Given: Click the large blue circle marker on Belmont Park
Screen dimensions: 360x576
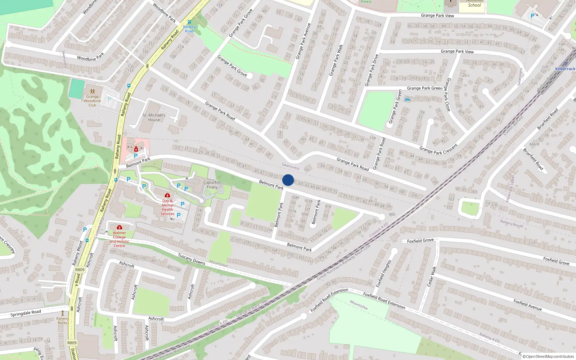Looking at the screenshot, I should (x=288, y=180).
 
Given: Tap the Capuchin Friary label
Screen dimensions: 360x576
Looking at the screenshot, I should (x=212, y=185).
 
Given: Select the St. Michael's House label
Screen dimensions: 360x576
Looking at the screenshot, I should (x=154, y=117).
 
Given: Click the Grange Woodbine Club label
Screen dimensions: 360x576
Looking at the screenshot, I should (x=93, y=101).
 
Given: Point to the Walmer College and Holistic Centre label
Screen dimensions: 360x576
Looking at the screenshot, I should (x=119, y=239).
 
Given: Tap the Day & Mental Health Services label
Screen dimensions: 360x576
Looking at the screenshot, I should (x=167, y=207).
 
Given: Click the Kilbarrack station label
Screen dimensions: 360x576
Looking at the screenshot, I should (x=565, y=69).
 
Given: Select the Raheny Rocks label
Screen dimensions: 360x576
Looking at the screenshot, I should (x=63, y=320).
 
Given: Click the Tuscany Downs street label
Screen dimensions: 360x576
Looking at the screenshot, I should (x=192, y=259).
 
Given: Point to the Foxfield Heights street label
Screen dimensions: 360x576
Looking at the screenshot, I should (x=383, y=274).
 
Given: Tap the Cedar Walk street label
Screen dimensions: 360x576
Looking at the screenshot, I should (x=431, y=277).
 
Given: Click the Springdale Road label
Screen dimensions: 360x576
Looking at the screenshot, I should (x=26, y=313).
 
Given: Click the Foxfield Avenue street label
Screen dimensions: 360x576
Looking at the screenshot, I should (x=527, y=305).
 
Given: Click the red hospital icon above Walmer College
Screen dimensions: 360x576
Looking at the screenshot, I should (x=120, y=227).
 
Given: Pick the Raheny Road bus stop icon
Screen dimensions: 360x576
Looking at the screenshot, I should (x=189, y=22).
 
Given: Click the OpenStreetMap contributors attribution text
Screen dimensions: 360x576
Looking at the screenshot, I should (x=548, y=356).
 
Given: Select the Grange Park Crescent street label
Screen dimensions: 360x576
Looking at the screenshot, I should (x=438, y=149).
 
